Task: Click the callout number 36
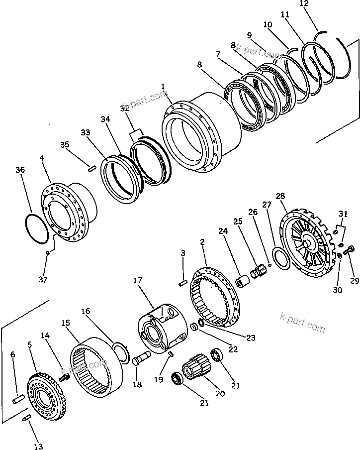coord(19,170)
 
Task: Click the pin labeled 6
coord(19,399)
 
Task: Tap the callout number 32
coord(125,108)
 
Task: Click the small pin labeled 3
coord(182,284)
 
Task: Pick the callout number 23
coord(250,338)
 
